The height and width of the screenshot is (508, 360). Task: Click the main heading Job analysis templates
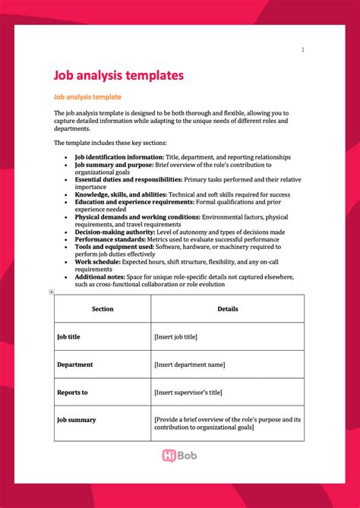coord(118,76)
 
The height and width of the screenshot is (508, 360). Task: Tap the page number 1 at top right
coord(302,50)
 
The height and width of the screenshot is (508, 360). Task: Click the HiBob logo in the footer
coord(180,456)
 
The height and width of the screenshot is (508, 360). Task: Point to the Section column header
coord(103,309)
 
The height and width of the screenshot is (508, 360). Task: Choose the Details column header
coord(227,309)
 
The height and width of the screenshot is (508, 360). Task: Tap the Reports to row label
coord(73,393)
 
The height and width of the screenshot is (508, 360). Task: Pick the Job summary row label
coord(77,419)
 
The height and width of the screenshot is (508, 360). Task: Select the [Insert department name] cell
coord(190,364)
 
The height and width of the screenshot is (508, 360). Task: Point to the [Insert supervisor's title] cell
coord(189,393)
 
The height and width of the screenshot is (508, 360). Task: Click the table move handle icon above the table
coord(52,292)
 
